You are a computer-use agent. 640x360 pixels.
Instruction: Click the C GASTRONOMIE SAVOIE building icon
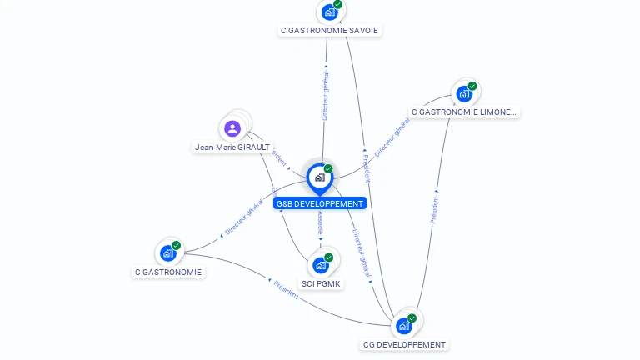click(330, 12)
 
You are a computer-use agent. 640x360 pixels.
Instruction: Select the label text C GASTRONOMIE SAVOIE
click(329, 31)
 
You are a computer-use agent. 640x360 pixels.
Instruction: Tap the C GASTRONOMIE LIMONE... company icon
click(464, 93)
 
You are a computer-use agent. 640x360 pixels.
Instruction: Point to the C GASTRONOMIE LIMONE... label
click(464, 112)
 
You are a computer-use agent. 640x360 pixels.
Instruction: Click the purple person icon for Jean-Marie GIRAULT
click(232, 128)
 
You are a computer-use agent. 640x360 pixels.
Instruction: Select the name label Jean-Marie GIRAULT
click(232, 147)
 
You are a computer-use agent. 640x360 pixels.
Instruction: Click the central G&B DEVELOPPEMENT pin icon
click(319, 177)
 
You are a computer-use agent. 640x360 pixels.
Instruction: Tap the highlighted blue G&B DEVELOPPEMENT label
click(320, 203)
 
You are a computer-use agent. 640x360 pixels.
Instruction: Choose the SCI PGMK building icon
click(321, 265)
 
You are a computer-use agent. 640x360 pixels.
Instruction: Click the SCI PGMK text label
click(322, 283)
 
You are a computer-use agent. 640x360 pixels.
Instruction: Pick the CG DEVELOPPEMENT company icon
click(405, 325)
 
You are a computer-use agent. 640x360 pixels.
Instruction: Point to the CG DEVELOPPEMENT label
click(404, 345)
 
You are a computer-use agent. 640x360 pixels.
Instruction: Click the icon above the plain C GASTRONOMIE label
click(168, 252)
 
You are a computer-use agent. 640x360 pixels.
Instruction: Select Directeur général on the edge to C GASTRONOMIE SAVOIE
click(325, 96)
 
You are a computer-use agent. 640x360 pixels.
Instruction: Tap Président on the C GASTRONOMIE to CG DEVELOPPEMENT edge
click(286, 289)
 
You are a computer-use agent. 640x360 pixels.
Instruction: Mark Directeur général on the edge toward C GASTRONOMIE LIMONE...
click(392, 138)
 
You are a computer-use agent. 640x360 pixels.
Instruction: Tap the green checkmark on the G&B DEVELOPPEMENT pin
click(328, 169)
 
